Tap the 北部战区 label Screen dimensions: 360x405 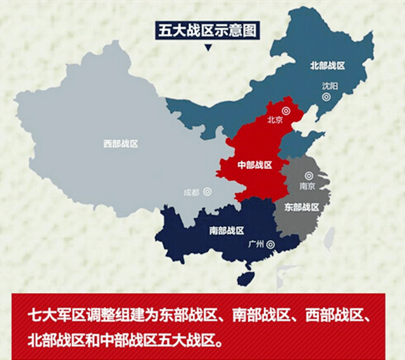[327, 65]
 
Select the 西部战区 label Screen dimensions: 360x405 [120, 144]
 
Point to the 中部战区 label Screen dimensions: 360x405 [254, 165]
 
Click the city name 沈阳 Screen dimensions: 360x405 [330, 85]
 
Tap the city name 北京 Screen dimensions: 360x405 [275, 119]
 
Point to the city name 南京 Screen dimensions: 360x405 [307, 187]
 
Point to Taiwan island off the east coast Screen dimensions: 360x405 [329, 237]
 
